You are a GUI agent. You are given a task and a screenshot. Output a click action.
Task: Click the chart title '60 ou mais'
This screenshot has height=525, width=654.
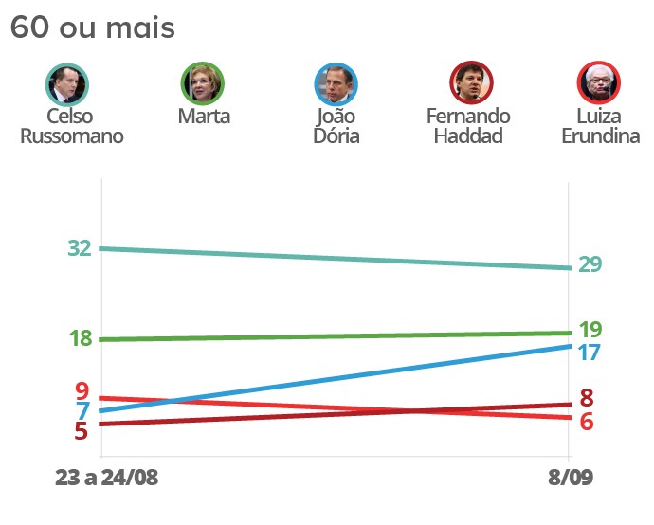pyautogui.click(x=92, y=28)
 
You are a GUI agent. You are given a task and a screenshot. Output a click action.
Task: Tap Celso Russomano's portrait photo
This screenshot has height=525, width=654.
pyautogui.click(x=67, y=84)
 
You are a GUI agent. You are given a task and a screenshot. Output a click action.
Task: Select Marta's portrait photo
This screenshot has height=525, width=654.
pyautogui.click(x=203, y=84)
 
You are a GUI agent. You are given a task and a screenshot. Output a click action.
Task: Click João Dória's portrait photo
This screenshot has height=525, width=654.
pyautogui.click(x=336, y=84)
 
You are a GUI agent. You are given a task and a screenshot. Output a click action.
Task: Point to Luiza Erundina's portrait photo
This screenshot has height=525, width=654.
pyautogui.click(x=599, y=84)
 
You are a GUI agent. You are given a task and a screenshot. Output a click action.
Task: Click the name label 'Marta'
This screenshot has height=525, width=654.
pyautogui.click(x=204, y=117)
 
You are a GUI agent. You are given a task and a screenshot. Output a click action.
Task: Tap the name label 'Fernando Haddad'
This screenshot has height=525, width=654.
pyautogui.click(x=468, y=125)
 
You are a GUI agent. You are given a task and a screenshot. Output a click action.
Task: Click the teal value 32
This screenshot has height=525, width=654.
pyautogui.click(x=80, y=248)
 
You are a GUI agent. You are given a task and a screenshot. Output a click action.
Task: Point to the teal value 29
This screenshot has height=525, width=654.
pyautogui.click(x=590, y=264)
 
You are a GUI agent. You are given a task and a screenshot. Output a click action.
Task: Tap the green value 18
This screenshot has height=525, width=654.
pyautogui.click(x=80, y=338)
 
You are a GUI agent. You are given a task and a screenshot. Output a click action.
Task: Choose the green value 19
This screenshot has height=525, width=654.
pyautogui.click(x=590, y=330)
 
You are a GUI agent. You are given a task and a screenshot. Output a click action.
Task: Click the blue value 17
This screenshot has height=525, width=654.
pyautogui.click(x=590, y=352)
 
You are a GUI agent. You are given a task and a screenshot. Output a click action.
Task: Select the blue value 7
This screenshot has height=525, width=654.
pyautogui.click(x=83, y=411)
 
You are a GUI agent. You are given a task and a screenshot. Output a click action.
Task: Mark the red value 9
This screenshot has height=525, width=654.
pyautogui.click(x=82, y=390)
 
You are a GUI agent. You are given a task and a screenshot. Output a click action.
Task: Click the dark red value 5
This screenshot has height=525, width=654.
pyautogui.click(x=82, y=431)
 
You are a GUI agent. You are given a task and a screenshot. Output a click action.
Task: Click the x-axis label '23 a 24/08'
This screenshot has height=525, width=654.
pyautogui.click(x=107, y=479)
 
